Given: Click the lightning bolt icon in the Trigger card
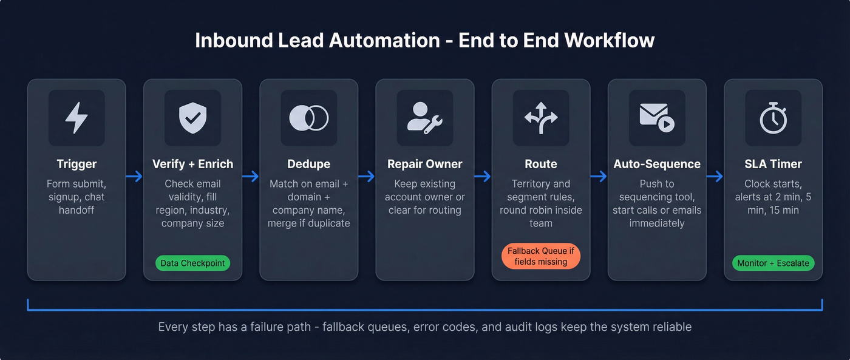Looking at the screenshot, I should [76, 118].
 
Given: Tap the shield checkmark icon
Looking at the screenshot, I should [192, 118].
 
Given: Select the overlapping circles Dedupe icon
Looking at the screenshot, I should [308, 118].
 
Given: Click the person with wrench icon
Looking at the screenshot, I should [424, 118].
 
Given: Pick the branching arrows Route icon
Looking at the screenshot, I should [540, 118].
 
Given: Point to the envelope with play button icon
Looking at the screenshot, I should [656, 118].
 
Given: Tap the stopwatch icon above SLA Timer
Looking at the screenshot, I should [773, 118].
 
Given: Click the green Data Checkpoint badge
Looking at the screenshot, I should [192, 263].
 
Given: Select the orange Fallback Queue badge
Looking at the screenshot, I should [540, 256].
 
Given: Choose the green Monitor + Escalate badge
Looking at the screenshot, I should [773, 263].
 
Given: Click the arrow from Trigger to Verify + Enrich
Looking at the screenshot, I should [134, 177].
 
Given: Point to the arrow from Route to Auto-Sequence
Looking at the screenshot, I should [599, 177].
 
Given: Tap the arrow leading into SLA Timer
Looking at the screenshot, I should [715, 177].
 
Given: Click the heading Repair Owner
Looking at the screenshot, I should [424, 164].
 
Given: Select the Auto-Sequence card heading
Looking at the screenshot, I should [656, 164].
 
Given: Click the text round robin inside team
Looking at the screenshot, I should [540, 217].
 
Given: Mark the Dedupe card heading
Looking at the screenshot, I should [308, 164].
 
